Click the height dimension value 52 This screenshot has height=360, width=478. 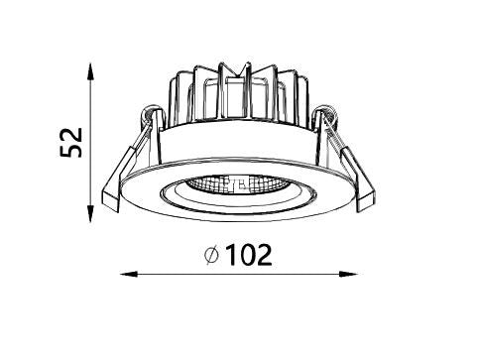tap(70, 143)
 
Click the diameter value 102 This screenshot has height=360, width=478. tap(250, 255)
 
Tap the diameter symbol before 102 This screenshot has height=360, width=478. tap(211, 255)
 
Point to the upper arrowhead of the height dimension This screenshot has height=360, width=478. tap(90, 71)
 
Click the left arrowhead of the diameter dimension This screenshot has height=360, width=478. tap(129, 274)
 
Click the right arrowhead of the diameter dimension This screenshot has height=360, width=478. tap(348, 274)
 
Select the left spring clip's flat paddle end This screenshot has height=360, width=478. tap(111, 199)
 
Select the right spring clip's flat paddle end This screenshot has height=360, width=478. tap(366, 200)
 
